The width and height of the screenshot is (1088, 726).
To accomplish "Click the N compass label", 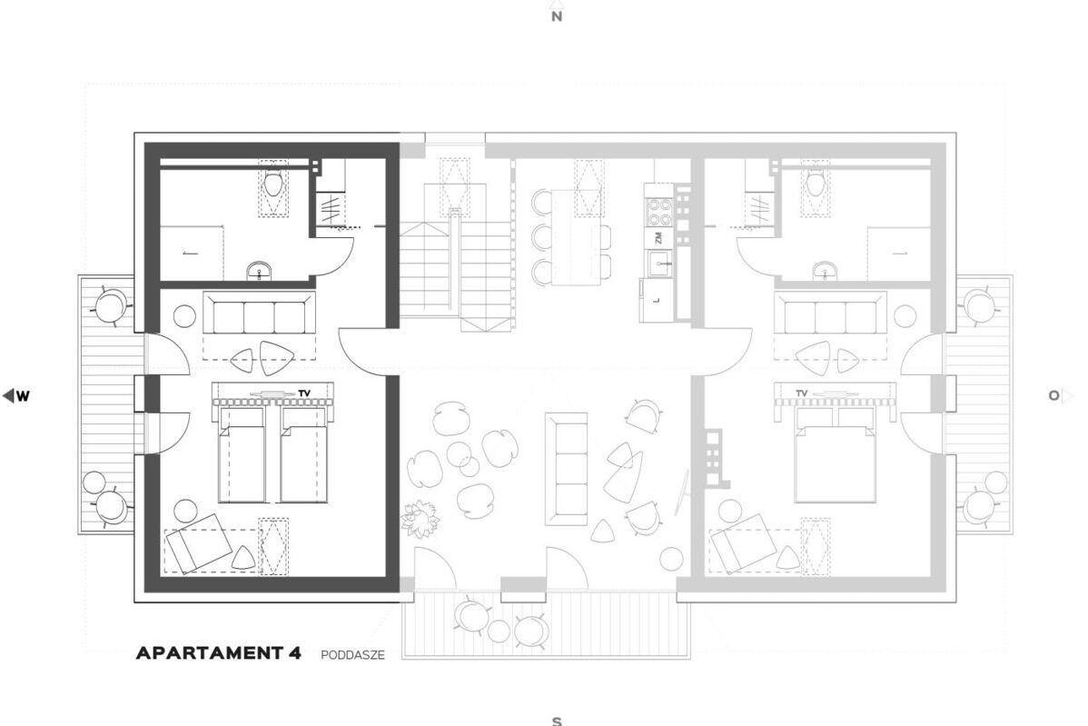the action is coord(556,16).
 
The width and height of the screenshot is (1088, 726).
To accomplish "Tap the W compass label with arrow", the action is coord(16,396).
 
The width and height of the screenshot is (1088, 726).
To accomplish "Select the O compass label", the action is coord(1059,395).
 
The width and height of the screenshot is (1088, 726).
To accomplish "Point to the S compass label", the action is coord(556,721).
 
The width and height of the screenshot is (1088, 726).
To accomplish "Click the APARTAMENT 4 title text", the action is coord(219,653).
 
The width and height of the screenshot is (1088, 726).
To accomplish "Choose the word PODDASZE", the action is coord(352,654).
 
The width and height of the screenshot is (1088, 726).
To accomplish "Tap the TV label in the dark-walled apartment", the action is coord(304,393).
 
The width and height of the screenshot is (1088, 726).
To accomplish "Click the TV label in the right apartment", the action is coord(801,393).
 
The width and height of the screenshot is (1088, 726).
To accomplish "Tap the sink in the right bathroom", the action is coord(825,272).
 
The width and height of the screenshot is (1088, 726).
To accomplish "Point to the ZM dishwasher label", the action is coord(658,238).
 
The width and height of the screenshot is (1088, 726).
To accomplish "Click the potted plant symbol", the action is coord(420,520).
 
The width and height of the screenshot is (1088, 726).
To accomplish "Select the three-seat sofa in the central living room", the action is coord(566,468).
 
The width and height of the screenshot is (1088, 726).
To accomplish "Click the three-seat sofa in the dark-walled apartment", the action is coord(260,313).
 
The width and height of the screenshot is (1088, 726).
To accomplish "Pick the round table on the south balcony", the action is coord(499,631).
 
